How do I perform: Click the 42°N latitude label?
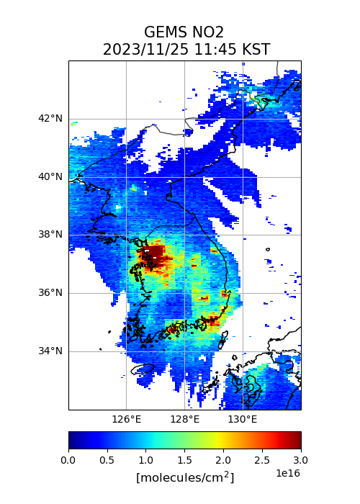(x=50, y=119)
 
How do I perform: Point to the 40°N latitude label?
(x=50, y=177)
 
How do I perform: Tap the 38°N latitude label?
(x=50, y=235)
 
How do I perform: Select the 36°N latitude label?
(x=50, y=293)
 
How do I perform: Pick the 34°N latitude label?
(x=50, y=351)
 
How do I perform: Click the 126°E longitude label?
(x=126, y=420)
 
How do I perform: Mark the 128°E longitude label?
(x=185, y=420)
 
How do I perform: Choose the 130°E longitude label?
(x=243, y=420)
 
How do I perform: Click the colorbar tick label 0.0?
(x=68, y=460)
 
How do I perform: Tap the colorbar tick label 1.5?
(x=184, y=460)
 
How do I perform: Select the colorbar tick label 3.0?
(x=300, y=460)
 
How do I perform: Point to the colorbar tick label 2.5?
(x=262, y=460)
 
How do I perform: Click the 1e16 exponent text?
(x=288, y=473)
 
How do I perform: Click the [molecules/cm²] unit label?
(x=185, y=477)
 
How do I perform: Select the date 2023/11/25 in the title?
(x=146, y=50)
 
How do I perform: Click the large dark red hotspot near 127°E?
(x=153, y=256)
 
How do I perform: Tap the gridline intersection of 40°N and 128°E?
(x=185, y=177)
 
